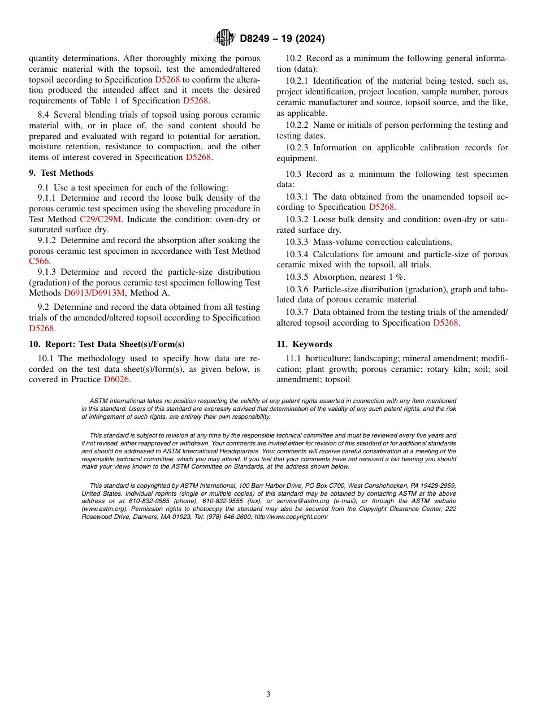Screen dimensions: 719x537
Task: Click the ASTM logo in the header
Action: [225, 38]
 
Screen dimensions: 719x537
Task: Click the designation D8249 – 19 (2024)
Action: [282, 39]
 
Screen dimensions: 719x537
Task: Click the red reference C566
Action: [39, 261]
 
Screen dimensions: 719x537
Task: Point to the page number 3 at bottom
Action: [268, 695]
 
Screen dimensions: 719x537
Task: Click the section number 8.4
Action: [45, 115]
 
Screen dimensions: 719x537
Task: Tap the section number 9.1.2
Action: [49, 240]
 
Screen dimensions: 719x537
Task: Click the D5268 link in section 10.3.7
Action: [445, 323]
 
